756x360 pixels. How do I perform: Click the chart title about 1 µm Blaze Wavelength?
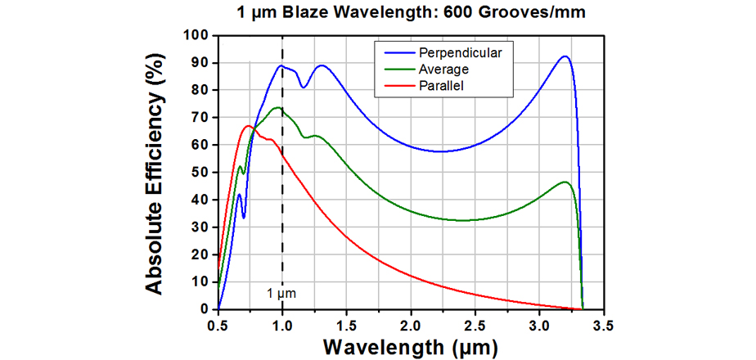coord(407,14)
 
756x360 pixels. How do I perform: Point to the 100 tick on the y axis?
coord(197,35)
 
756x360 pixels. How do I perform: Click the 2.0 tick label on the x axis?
coord(411,325)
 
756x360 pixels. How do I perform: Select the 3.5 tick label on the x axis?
coord(603,325)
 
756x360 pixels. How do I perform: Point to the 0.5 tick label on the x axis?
coord(218,325)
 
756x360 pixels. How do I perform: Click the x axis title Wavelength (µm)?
coord(409,347)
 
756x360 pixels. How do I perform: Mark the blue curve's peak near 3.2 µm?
coord(565,56)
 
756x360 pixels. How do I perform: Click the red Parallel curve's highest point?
coord(249,126)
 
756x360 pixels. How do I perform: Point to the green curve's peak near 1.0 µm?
coord(278,107)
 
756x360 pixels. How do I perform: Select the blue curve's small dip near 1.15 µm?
coord(303,87)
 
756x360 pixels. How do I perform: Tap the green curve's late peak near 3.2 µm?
coord(565,182)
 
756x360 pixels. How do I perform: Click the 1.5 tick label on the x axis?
coord(346,325)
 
